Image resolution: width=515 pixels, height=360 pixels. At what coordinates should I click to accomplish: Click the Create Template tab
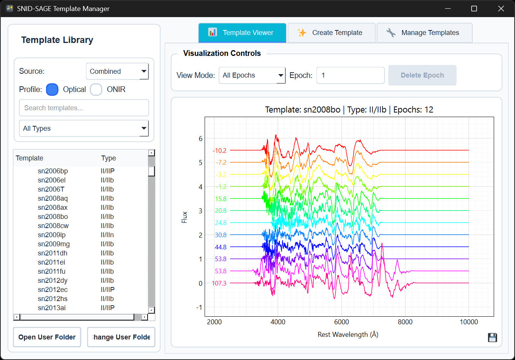(x=331, y=33)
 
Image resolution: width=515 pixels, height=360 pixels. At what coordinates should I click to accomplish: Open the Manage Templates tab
(x=424, y=33)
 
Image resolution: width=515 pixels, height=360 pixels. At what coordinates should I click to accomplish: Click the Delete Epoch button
(x=422, y=75)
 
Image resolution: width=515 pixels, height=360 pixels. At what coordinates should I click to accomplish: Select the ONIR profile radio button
(x=96, y=89)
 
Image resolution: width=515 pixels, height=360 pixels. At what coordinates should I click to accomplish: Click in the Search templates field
(x=84, y=108)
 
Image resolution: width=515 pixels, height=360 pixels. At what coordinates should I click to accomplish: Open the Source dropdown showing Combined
(x=117, y=71)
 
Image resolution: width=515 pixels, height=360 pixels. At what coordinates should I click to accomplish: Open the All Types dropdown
(x=84, y=128)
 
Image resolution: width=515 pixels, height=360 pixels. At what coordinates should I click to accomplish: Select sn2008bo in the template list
(x=53, y=217)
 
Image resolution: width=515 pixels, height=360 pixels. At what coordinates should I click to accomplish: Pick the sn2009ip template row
(x=52, y=235)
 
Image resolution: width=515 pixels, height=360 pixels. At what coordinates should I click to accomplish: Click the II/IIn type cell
(x=107, y=235)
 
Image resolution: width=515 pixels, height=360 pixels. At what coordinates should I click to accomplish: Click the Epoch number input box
(x=350, y=75)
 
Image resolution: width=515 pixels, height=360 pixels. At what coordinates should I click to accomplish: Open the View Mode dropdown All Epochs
(x=252, y=75)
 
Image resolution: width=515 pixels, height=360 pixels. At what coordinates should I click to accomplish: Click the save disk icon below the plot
(x=492, y=338)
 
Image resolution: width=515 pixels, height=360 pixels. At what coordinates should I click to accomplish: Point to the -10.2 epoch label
(x=219, y=151)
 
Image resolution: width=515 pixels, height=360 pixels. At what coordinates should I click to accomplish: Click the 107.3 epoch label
(x=219, y=283)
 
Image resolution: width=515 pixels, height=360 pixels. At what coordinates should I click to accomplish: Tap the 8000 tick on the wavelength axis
(x=405, y=322)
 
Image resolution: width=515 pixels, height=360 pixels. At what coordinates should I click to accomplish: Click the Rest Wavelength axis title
(x=348, y=335)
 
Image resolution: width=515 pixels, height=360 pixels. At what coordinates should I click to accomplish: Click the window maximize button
(x=474, y=8)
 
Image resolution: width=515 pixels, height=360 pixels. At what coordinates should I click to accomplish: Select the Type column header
(x=108, y=158)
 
